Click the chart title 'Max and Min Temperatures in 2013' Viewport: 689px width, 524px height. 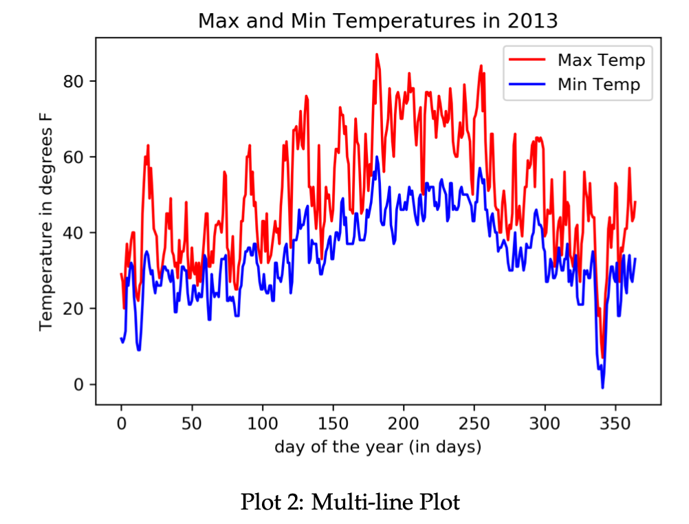click(378, 21)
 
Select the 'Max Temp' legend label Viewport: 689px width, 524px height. click(601, 60)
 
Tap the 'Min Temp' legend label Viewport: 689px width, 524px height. click(598, 85)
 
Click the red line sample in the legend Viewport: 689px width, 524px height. click(527, 60)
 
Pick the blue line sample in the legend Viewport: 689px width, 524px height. click(527, 85)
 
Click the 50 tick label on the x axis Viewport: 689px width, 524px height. click(192, 421)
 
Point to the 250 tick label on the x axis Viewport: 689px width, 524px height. click(474, 421)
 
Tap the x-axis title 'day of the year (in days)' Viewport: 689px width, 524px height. click(378, 447)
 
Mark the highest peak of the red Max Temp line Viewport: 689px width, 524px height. click(377, 54)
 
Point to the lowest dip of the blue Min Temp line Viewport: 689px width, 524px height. click(602, 388)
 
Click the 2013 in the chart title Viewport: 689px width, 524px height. click(533, 21)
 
